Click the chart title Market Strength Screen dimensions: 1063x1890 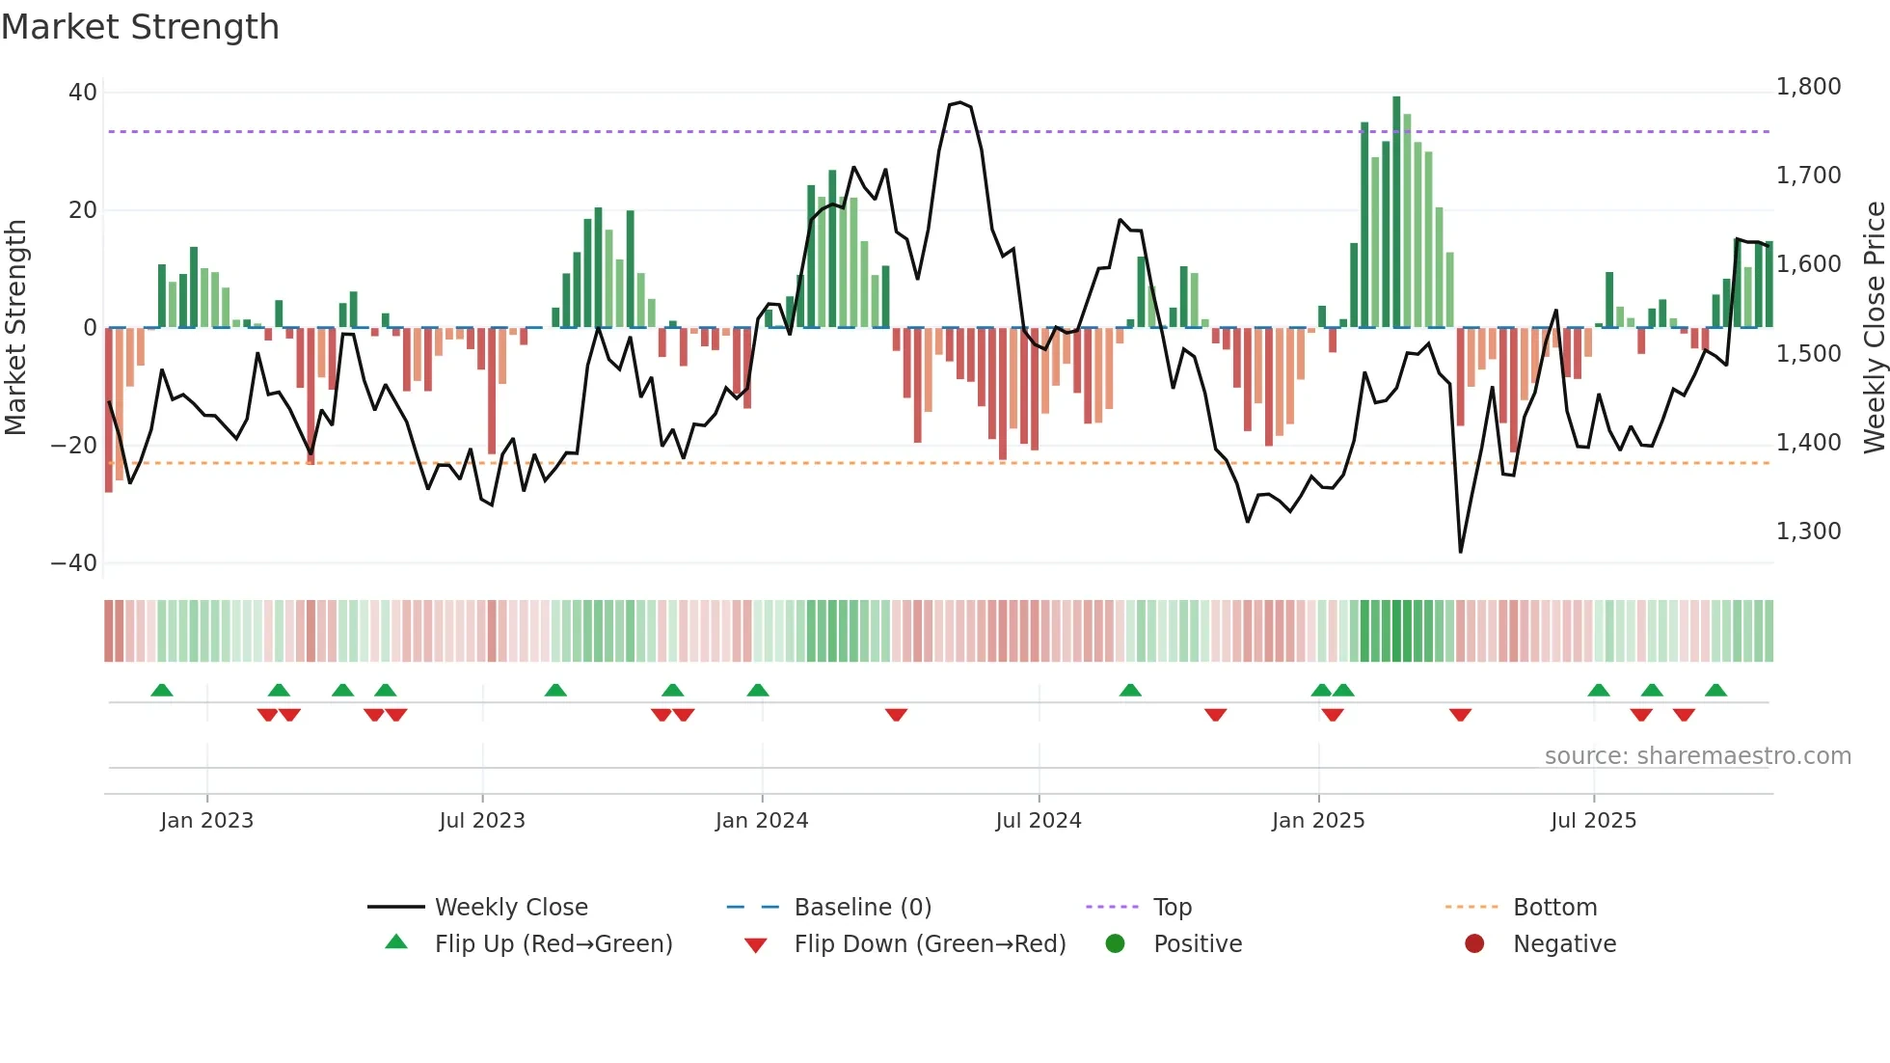(140, 27)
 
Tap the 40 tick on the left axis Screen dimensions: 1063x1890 (83, 93)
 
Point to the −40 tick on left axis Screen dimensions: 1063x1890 (74, 562)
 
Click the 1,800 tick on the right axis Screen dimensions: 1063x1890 (1808, 87)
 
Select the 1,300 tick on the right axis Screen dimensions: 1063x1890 (1808, 531)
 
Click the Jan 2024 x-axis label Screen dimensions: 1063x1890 (761, 821)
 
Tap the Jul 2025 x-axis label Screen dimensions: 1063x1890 (1593, 821)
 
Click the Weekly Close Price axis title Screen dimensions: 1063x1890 (1874, 328)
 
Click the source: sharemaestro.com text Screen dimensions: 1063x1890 (1697, 756)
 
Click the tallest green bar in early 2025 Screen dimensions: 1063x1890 (1396, 212)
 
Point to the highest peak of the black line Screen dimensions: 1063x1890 (958, 102)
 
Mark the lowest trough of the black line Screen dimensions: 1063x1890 (1460, 552)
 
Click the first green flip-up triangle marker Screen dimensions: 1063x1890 (162, 691)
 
